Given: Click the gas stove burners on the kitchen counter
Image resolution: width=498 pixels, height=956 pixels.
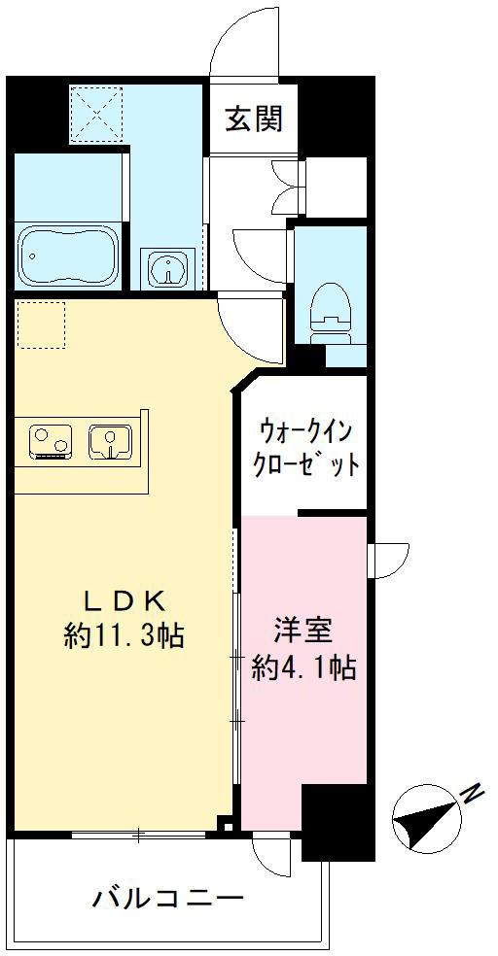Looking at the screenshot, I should [50, 441].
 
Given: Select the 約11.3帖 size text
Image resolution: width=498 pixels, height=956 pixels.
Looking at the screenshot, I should [123, 636].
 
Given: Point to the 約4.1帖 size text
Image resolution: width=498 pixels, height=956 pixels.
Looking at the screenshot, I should [302, 667].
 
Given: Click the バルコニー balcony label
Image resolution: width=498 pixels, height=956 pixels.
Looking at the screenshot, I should [167, 899].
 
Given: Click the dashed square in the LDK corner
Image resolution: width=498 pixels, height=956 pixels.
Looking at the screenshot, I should [42, 324].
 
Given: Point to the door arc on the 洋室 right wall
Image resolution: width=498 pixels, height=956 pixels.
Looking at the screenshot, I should [387, 560].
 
